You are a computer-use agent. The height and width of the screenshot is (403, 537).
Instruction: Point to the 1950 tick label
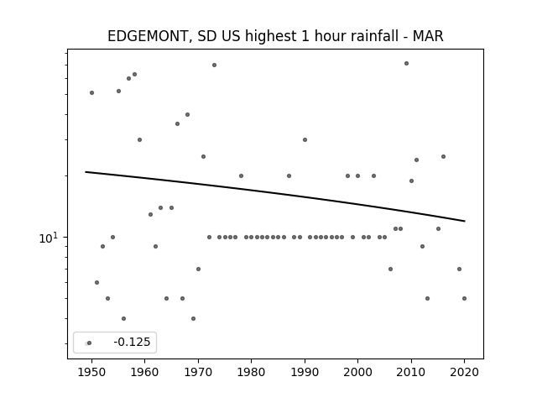(91, 372)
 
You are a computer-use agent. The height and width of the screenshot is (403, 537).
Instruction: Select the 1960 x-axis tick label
(144, 372)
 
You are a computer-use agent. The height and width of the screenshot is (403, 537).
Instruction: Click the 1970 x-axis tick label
(198, 372)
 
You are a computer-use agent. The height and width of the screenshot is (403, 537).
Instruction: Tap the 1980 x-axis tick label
(251, 372)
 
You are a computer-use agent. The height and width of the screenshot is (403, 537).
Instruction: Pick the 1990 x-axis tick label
(305, 372)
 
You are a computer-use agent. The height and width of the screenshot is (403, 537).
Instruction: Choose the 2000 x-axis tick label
(358, 372)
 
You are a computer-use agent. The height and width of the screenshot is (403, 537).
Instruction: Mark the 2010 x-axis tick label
(411, 372)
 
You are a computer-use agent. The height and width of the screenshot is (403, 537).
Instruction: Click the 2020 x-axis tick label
(464, 372)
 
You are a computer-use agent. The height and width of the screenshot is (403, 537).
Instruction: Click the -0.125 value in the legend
(132, 342)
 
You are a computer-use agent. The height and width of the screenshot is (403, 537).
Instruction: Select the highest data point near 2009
(406, 64)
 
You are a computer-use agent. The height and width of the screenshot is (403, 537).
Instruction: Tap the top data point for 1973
(215, 65)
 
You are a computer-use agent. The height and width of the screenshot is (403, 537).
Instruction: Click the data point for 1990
(305, 140)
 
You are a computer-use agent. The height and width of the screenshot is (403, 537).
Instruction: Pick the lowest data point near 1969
(194, 319)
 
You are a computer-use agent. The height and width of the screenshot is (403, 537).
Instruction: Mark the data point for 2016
(444, 157)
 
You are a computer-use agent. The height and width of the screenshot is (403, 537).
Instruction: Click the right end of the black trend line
(465, 221)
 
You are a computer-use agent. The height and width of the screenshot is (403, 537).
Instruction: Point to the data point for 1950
(91, 93)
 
